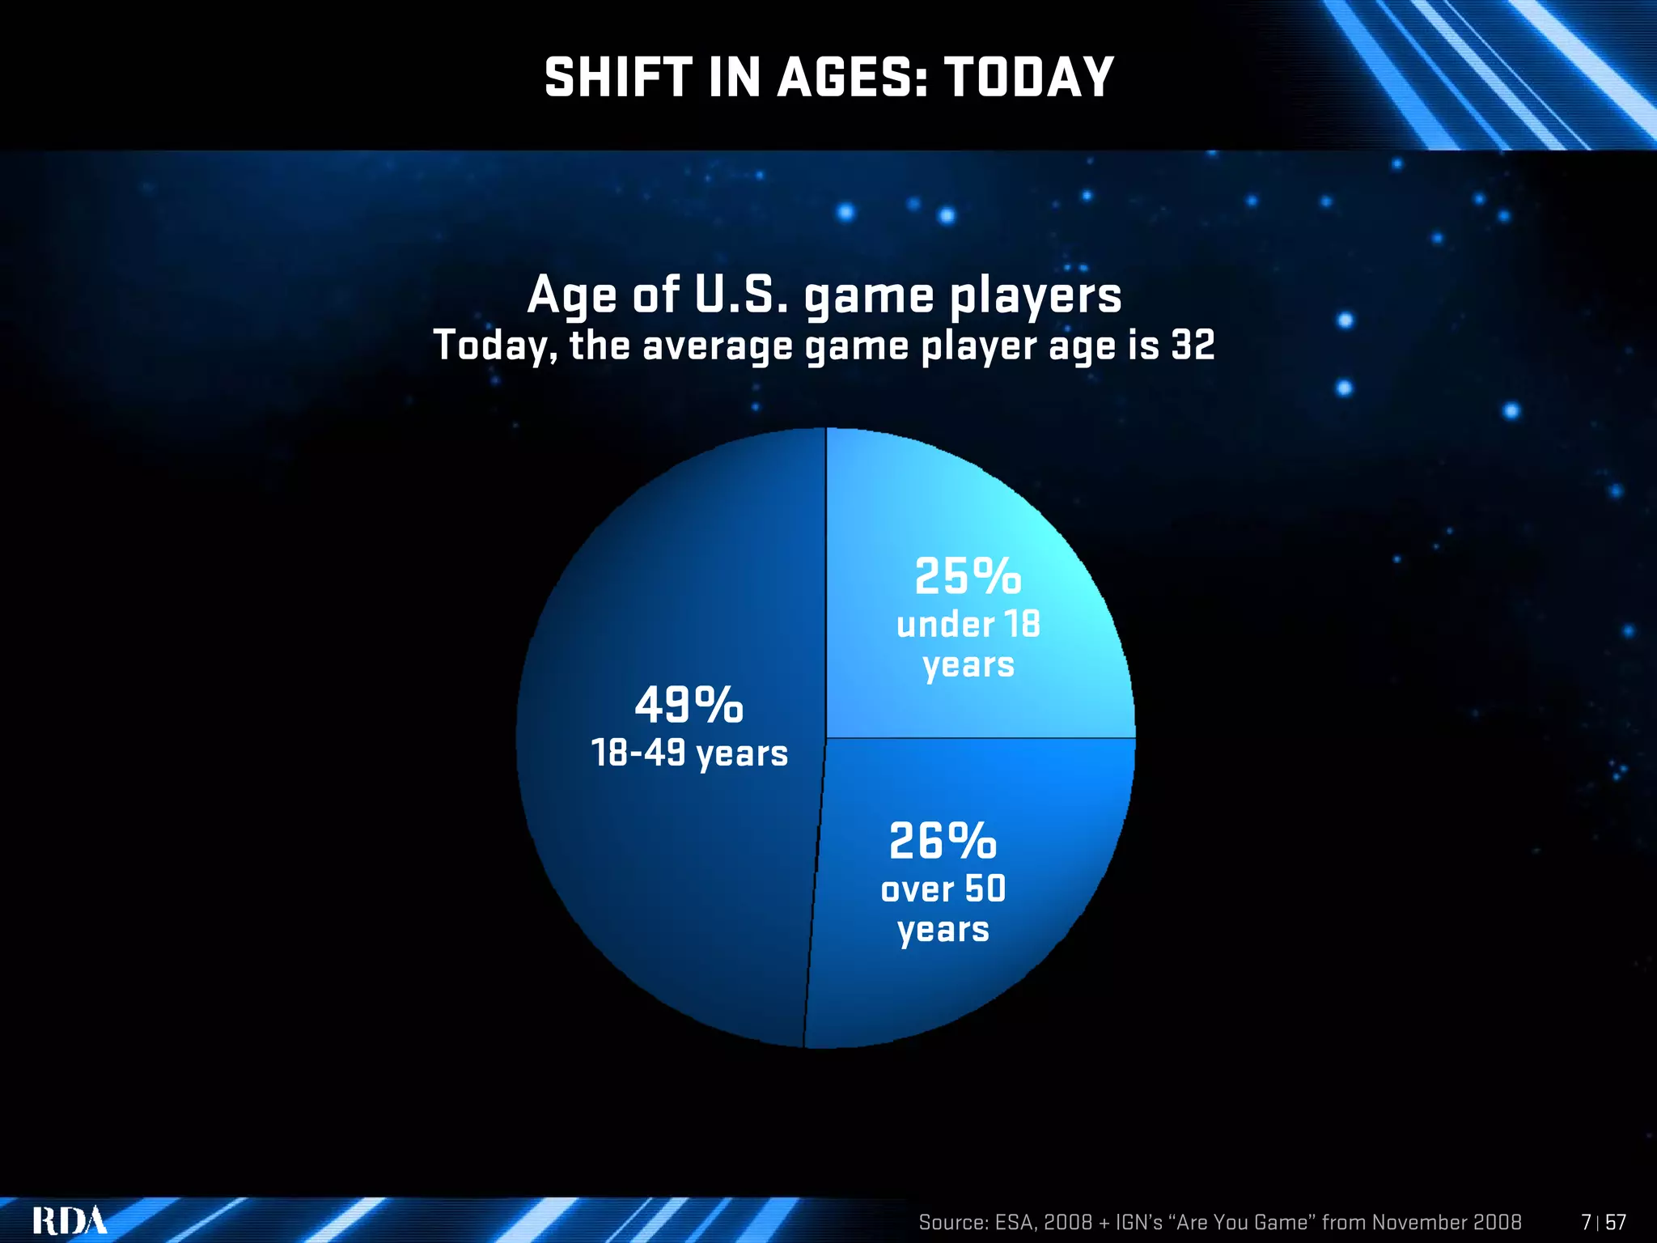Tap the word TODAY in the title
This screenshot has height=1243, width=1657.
tap(1029, 78)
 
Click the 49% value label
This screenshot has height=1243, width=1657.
tap(689, 705)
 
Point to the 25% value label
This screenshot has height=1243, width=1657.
tap(968, 577)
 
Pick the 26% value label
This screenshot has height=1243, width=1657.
tap(943, 842)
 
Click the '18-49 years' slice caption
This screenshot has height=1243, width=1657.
tap(689, 753)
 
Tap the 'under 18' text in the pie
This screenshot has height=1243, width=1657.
tap(968, 625)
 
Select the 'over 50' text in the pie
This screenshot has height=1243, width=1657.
tap(943, 889)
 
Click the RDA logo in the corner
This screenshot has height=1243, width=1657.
tap(70, 1220)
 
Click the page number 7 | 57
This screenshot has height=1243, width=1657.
tap(1603, 1222)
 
